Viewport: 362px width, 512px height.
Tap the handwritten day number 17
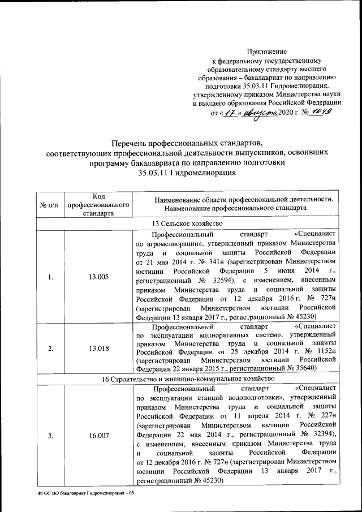(229, 113)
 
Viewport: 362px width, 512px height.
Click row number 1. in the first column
(50, 277)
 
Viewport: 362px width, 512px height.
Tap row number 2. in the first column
(50, 348)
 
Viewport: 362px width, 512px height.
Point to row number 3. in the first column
(50, 435)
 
